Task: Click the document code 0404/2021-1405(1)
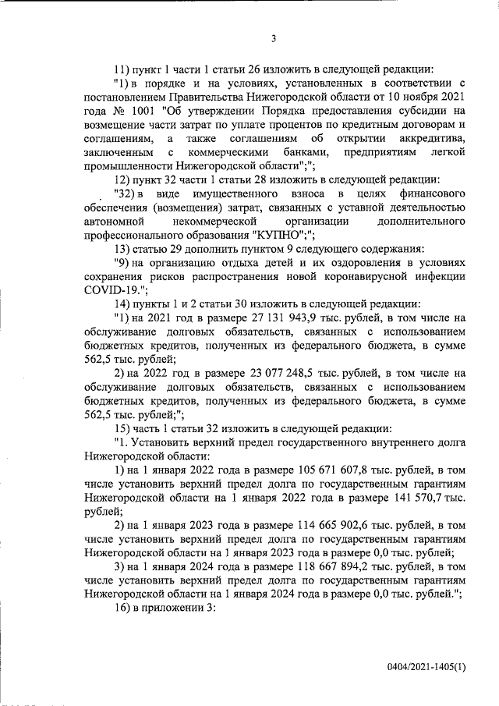[x=426, y=667]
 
